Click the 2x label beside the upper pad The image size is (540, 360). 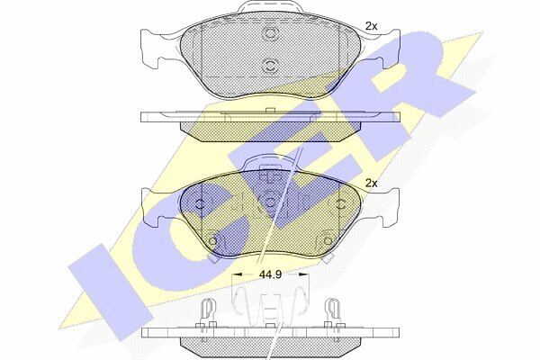click(x=371, y=26)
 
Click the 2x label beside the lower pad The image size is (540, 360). click(x=371, y=184)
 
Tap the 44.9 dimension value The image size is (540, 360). click(x=270, y=274)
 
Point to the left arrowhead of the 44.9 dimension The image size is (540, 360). click(x=238, y=274)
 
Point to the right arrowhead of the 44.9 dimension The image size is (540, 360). click(x=303, y=274)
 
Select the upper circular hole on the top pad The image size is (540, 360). click(x=269, y=33)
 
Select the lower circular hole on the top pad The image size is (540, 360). click(x=269, y=66)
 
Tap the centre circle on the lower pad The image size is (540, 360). click(x=271, y=202)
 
